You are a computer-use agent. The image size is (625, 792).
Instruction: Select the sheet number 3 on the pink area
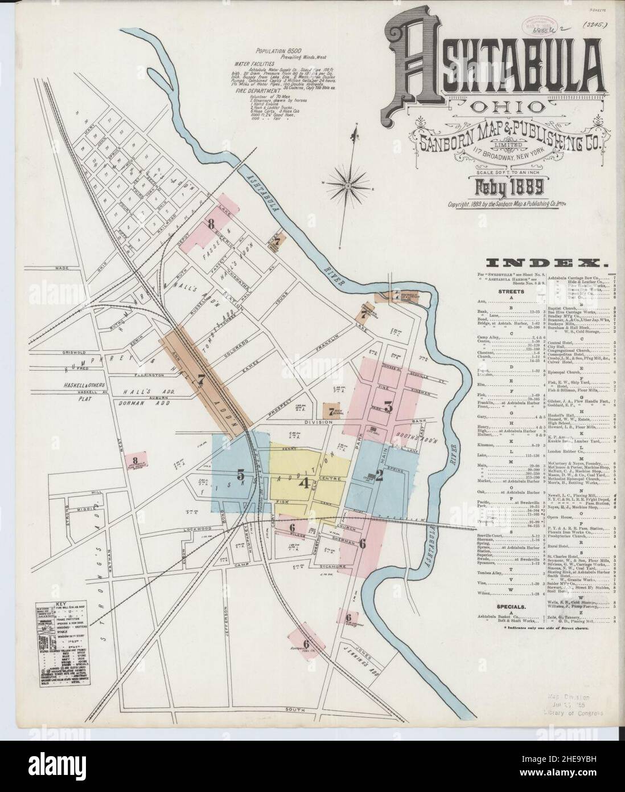pyautogui.click(x=388, y=406)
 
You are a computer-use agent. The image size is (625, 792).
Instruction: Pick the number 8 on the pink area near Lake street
pyautogui.click(x=211, y=224)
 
